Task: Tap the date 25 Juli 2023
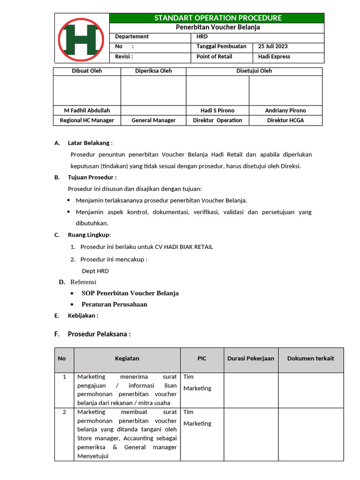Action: click(x=273, y=46)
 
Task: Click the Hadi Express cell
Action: click(x=274, y=57)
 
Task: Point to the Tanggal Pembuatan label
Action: click(x=221, y=46)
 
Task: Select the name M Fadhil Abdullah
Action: click(x=87, y=111)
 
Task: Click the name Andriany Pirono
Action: click(x=285, y=111)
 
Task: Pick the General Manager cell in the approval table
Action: click(x=153, y=120)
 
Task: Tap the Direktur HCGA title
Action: click(x=285, y=120)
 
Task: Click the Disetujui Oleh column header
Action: click(x=254, y=71)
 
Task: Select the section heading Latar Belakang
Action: click(x=89, y=143)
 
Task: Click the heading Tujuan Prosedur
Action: click(x=92, y=177)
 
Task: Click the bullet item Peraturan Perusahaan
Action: click(x=114, y=304)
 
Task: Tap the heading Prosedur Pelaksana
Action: click(x=99, y=334)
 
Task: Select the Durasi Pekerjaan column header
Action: click(x=250, y=359)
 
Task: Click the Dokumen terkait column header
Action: click(x=310, y=359)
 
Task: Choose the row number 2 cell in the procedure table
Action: click(x=64, y=412)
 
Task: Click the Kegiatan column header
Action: click(x=127, y=359)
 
